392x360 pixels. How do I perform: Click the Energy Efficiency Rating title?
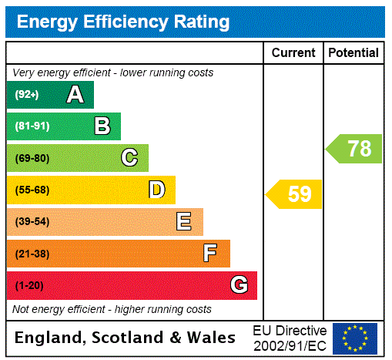pos(123,22)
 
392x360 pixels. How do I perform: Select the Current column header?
pos(293,53)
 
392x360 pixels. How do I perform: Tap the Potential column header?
pos(353,53)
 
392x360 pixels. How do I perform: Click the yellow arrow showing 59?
pos(295,194)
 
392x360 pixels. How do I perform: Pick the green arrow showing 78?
pos(355,148)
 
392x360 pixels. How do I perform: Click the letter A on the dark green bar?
pos(75,95)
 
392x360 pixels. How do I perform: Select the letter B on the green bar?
pos(102,126)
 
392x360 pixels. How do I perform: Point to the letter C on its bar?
pos(129,158)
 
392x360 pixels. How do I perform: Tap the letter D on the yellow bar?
pos(157,190)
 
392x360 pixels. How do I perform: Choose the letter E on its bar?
pos(184,222)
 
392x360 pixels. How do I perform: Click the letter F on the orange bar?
pos(210,254)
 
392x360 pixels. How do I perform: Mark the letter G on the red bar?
pos(240,285)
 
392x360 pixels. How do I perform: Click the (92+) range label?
pos(27,95)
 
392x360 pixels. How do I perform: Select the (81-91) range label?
pos(32,126)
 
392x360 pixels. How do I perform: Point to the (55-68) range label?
pos(32,190)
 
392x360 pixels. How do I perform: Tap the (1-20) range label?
pos(29,286)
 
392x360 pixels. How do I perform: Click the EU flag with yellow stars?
pos(355,338)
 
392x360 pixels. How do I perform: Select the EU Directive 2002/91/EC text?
pos(290,338)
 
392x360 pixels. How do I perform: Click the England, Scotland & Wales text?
pos(126,338)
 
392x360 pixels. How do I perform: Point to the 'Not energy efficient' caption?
pos(112,309)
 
